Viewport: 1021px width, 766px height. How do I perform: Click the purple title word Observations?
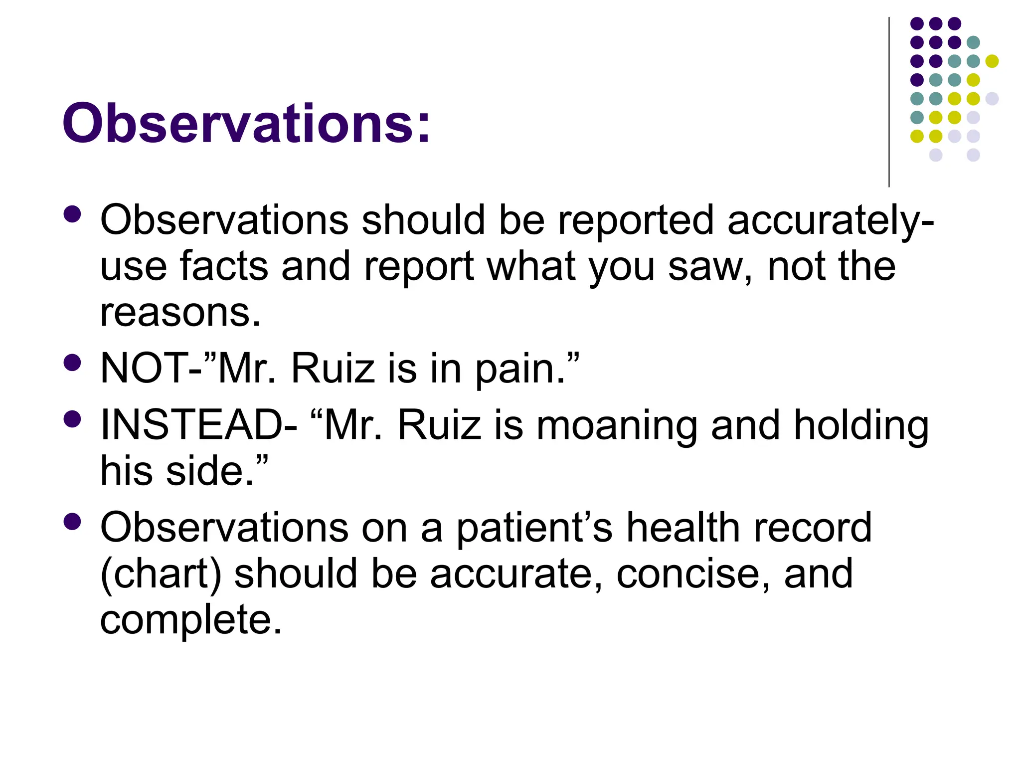(x=246, y=123)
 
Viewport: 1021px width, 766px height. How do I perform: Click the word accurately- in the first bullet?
(x=830, y=220)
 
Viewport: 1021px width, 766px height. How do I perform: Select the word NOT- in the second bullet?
(x=152, y=368)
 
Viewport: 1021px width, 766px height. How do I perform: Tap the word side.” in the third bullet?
(x=217, y=471)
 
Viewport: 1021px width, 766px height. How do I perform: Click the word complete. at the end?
(x=191, y=620)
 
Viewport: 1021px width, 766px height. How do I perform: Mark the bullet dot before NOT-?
(x=73, y=363)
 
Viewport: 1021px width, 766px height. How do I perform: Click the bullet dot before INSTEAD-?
(x=73, y=419)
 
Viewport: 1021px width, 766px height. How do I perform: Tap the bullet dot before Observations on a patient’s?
(x=73, y=522)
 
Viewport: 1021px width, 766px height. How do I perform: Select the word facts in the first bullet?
(x=224, y=266)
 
